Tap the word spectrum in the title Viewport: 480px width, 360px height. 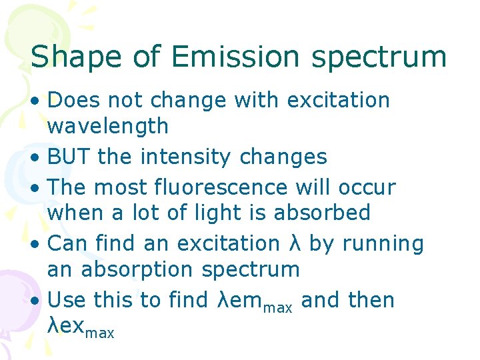[x=380, y=58]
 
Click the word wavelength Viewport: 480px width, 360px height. [x=108, y=125]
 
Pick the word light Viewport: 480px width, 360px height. [x=227, y=213]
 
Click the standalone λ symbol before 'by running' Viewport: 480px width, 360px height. [x=295, y=244]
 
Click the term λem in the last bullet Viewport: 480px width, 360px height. [x=241, y=301]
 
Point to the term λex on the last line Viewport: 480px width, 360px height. [x=65, y=326]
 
